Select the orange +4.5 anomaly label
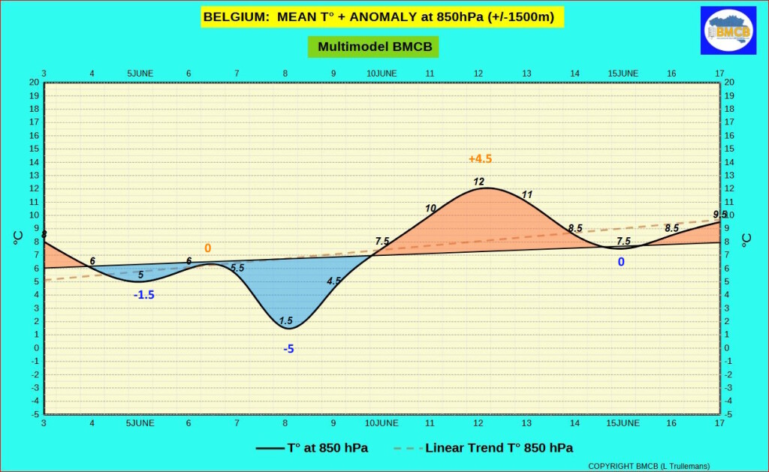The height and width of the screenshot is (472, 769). (480, 159)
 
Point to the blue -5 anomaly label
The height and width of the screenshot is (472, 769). (288, 349)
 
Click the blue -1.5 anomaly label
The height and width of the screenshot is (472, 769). (143, 295)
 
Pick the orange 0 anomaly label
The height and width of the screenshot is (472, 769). (207, 248)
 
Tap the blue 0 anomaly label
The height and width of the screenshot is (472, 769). (621, 262)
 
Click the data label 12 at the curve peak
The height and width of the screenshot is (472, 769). (479, 182)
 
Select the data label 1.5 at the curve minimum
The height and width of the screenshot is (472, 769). (285, 321)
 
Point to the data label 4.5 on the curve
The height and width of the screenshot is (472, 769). (334, 281)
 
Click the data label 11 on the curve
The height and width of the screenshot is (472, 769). (526, 195)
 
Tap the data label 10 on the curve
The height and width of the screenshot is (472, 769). (430, 209)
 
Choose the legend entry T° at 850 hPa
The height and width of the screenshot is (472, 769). (312, 448)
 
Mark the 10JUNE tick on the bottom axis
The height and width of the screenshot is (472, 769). (381, 423)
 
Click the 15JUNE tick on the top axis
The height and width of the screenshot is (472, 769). (623, 73)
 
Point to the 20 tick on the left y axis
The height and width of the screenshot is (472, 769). (34, 83)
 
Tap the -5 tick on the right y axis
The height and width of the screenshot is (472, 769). (729, 414)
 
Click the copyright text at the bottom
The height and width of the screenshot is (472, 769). (648, 466)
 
